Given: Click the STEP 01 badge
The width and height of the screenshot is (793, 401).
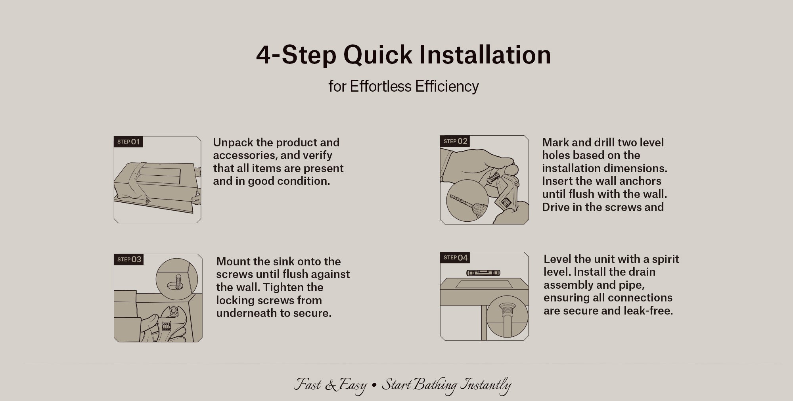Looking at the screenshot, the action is tap(128, 142).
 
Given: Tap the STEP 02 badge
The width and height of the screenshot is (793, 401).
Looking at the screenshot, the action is tap(455, 141).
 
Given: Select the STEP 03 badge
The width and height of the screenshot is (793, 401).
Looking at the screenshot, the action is tap(129, 259).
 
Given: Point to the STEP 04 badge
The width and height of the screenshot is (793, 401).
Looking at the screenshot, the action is tap(455, 257).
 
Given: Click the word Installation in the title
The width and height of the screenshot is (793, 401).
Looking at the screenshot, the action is tap(485, 54).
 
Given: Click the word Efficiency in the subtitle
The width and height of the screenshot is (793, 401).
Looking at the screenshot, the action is tap(447, 86).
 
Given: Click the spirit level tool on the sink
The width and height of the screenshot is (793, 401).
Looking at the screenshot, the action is tap(483, 272).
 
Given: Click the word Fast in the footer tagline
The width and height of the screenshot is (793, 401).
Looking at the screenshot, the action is tap(307, 384).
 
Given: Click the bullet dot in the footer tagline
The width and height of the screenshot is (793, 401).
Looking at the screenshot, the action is tap(374, 385).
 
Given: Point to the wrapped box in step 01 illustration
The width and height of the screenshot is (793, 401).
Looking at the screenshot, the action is tap(156, 181).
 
